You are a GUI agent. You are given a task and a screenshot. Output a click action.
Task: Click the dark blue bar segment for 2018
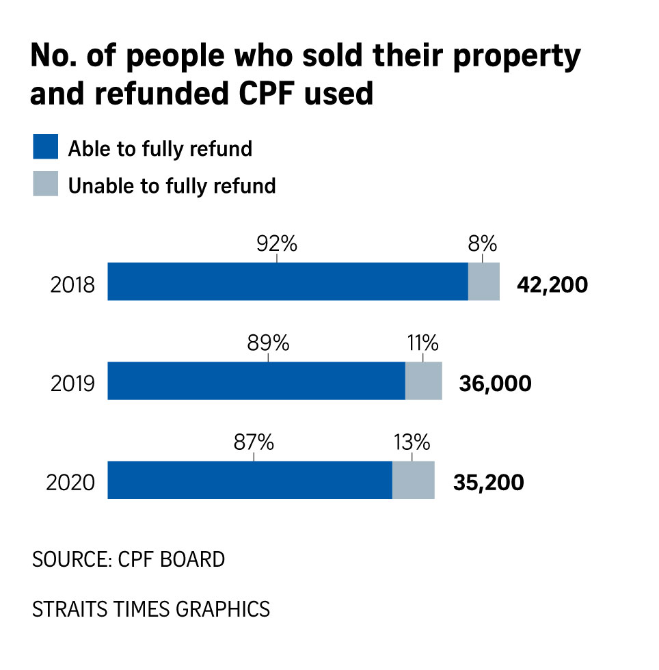287,281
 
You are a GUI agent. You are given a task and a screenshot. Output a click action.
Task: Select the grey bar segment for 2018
484,281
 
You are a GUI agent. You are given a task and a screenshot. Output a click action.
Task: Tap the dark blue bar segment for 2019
256,381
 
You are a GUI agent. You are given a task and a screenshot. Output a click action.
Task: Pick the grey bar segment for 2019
424,381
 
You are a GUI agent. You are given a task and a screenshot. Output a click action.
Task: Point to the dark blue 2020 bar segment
250,480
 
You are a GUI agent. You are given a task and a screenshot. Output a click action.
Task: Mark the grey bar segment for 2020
414,480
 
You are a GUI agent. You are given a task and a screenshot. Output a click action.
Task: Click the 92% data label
276,243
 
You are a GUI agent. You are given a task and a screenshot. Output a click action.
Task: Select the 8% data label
482,243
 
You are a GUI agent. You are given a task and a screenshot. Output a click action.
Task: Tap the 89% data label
268,343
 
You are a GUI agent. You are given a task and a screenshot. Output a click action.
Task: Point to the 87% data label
253,442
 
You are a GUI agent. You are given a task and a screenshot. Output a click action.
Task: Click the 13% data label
412,442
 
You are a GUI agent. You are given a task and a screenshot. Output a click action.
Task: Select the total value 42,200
552,284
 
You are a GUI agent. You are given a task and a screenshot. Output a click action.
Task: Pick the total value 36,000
495,384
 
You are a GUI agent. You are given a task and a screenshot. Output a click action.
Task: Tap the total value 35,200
488,483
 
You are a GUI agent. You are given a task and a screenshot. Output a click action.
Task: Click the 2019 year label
72,384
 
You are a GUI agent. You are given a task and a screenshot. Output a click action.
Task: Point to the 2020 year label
70,483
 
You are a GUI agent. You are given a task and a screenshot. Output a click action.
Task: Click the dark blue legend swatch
45,147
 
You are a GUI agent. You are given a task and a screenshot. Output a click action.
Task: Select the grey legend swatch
45,184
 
